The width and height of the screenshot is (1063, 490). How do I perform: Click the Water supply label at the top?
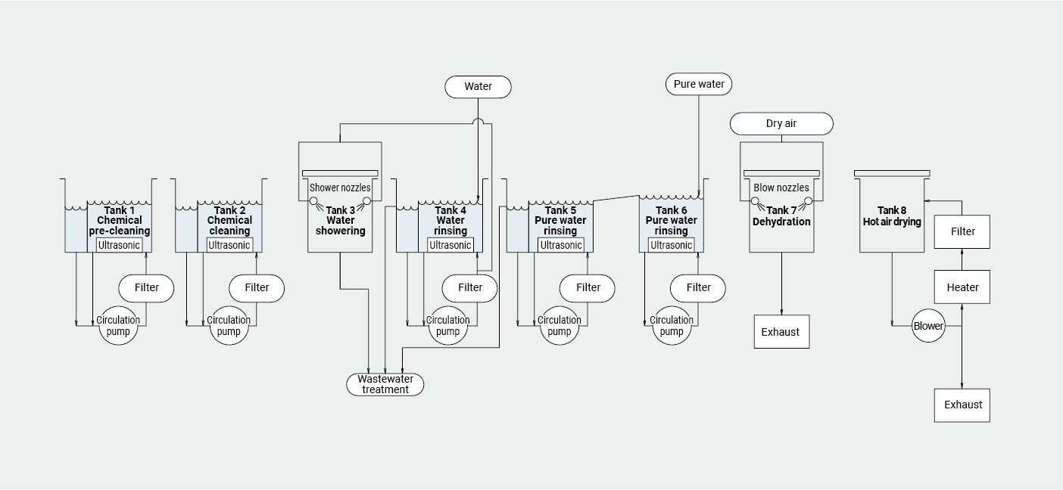point(478,87)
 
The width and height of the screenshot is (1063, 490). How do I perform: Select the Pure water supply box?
point(699,84)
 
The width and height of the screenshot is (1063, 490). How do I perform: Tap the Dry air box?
point(781,123)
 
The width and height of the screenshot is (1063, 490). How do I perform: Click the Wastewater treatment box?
point(385,384)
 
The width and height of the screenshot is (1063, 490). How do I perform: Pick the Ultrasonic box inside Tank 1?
point(119,245)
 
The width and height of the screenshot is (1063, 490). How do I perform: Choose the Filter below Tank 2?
point(257,287)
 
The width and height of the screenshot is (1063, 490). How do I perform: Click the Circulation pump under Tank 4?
point(447,326)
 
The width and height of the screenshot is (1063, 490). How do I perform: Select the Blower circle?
point(928,326)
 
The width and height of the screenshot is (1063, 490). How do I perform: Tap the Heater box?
point(962,287)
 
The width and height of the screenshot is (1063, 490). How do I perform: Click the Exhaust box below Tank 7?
point(781,332)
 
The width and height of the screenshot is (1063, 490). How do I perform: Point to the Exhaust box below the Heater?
point(962,405)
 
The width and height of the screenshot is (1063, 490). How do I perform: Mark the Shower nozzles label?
point(340,188)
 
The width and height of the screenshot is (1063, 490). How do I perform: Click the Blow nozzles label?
point(781,188)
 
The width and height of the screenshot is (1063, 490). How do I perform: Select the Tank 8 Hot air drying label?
point(892,216)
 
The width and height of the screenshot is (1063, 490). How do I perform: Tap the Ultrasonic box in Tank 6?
point(671,245)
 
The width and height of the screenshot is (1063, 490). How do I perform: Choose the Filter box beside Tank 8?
point(962,231)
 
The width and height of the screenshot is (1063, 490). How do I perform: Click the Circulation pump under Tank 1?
point(118,326)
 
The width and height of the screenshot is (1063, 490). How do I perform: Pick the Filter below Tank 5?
point(588,287)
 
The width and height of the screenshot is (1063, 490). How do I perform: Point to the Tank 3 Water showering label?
point(340,220)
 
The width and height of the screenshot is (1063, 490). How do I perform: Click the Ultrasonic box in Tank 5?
point(560,245)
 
